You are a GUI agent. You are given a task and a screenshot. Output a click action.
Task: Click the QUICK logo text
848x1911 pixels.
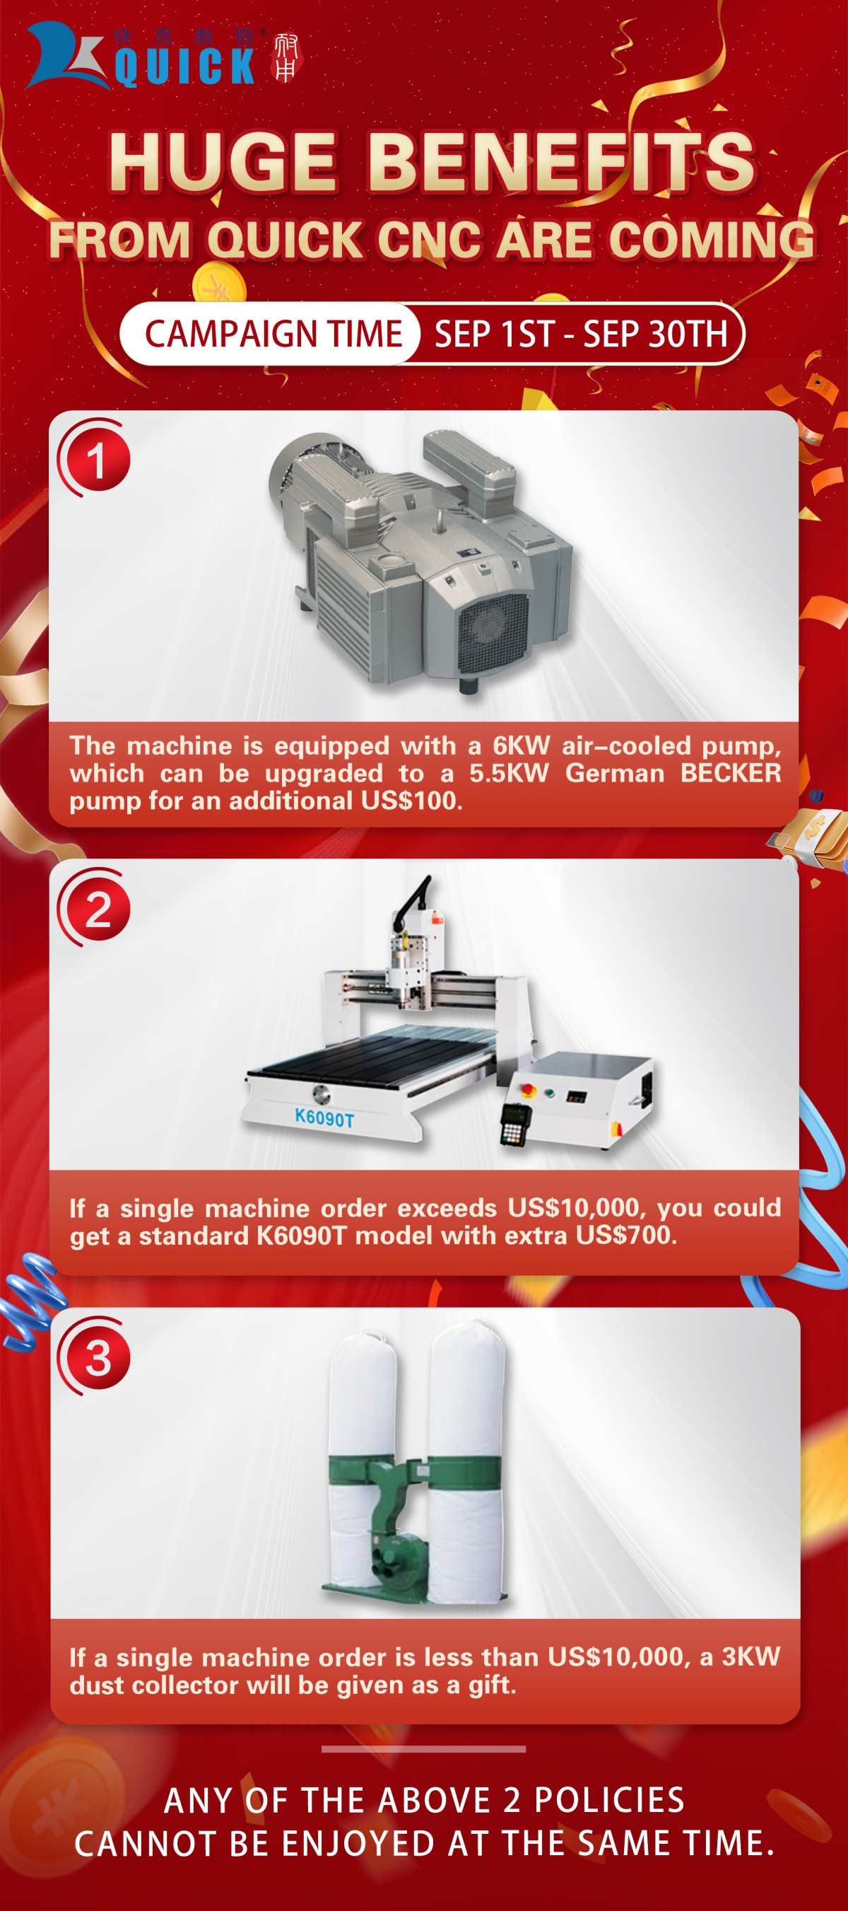click(184, 65)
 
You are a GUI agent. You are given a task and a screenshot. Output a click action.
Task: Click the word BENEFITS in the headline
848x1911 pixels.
click(561, 161)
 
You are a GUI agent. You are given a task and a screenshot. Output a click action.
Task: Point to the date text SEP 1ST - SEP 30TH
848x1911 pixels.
click(581, 335)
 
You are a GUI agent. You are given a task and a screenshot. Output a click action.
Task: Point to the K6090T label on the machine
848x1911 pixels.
click(324, 1117)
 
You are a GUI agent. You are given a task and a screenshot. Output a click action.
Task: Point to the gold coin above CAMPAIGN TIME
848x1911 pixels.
click(219, 284)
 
